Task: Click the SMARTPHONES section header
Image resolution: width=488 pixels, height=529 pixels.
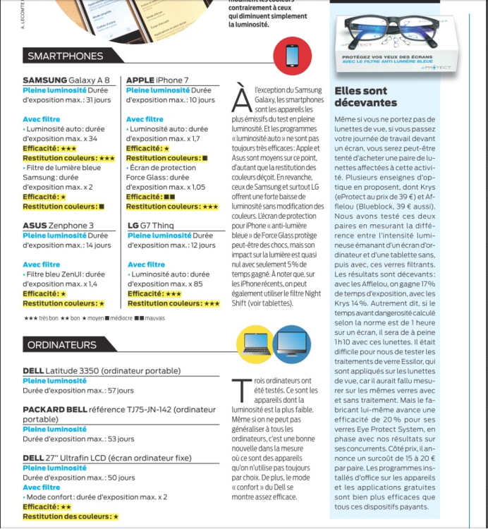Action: coord(65,56)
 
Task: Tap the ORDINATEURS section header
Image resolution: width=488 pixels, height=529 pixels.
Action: coord(62,345)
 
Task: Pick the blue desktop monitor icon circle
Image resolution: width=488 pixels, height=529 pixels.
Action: coord(291,343)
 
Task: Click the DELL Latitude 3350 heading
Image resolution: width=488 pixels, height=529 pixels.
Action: coord(102,371)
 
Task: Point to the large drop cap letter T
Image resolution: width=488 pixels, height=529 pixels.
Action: coord(242,389)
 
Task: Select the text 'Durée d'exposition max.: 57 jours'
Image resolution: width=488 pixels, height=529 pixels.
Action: coord(78,390)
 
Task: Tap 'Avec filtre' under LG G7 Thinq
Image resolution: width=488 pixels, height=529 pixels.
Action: coord(145,264)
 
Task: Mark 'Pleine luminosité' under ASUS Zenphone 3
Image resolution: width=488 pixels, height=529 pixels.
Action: coord(54,235)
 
